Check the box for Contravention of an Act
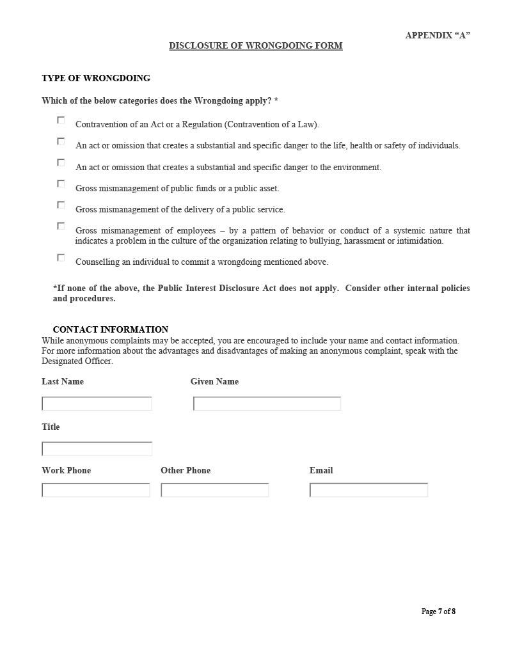tap(61, 120)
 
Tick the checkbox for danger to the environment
tap(61, 162)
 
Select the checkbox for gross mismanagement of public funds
tap(61, 184)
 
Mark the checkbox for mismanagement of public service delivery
tap(61, 205)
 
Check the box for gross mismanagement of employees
tap(61, 226)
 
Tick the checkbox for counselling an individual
tap(61, 258)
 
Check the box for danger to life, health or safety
tap(61, 141)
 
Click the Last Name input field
tap(97, 404)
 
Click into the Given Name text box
tap(267, 404)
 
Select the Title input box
tap(97, 449)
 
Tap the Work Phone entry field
tap(95, 490)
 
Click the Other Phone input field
tap(214, 490)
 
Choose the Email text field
tap(368, 490)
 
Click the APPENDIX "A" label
tap(438, 35)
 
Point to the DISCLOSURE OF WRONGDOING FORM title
tap(255, 45)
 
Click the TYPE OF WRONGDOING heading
tap(96, 78)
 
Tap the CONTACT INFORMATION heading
tap(110, 329)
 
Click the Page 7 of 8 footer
tap(438, 612)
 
